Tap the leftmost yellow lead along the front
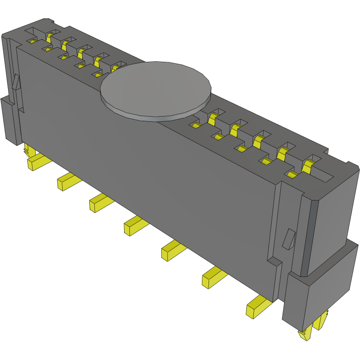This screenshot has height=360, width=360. coord(36,162)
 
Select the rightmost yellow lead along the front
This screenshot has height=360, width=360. coord(256,308)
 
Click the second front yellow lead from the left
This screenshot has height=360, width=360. coord(66,182)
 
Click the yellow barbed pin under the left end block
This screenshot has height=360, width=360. coord(26,151)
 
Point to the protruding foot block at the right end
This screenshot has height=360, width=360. coord(321,288)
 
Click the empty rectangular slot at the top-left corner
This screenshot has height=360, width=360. coord(34,32)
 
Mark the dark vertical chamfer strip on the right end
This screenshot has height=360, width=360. coord(307,236)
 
